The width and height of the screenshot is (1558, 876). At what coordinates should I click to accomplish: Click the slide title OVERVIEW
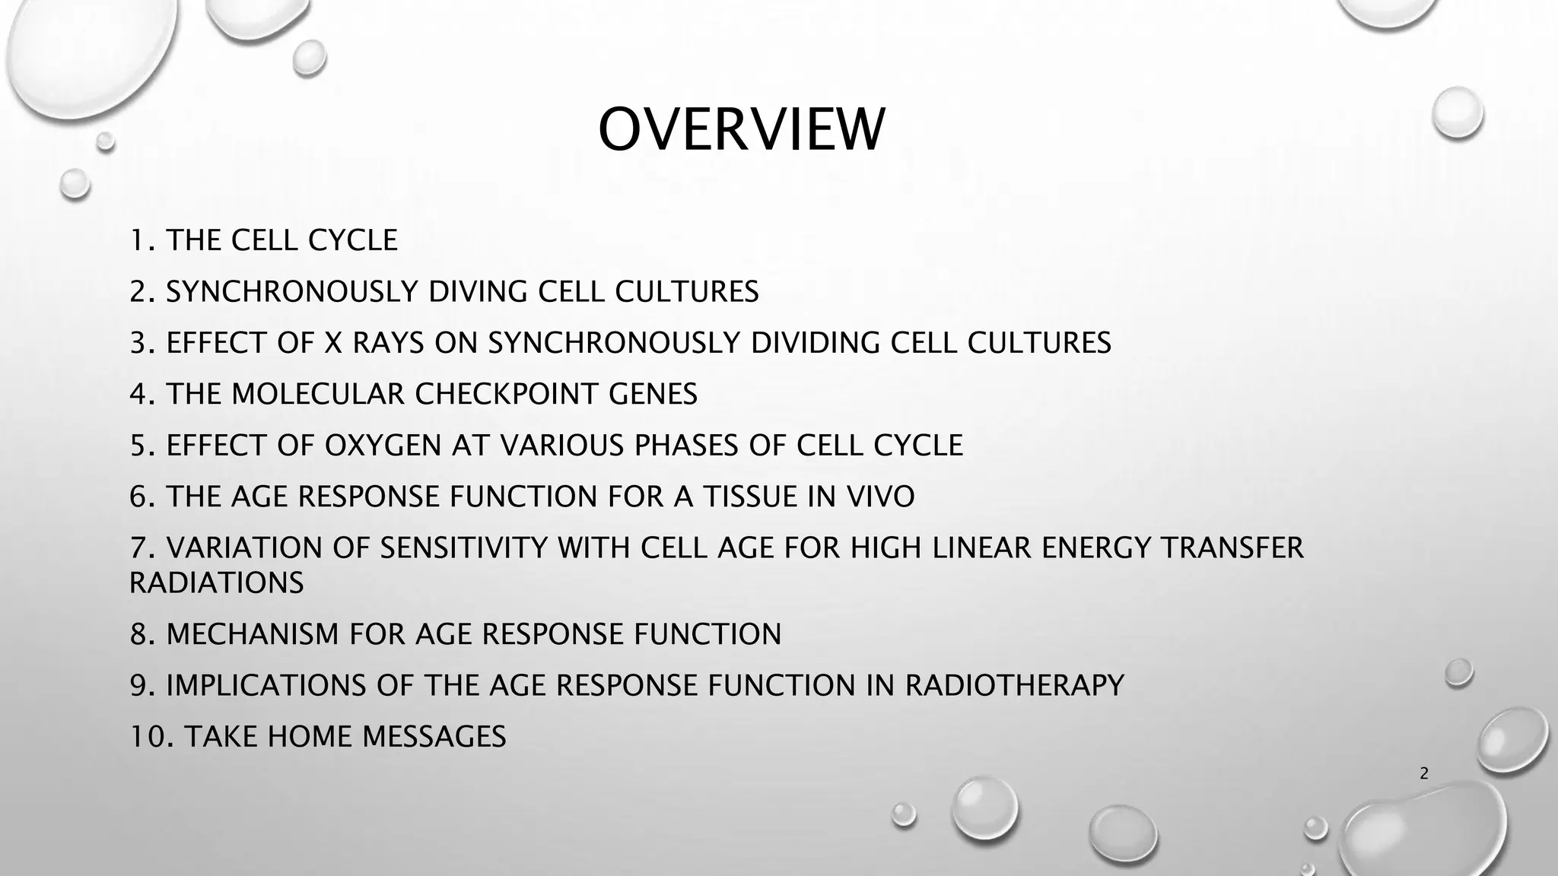[x=741, y=130]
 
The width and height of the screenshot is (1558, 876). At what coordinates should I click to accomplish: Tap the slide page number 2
[x=1424, y=773]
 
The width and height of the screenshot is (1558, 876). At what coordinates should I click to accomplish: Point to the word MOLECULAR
[x=317, y=394]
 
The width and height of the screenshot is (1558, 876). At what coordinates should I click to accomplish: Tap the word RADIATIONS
[x=216, y=583]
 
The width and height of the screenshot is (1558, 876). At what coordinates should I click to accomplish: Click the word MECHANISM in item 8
[x=253, y=634]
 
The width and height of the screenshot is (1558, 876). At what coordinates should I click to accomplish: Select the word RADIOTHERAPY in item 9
[x=1014, y=685]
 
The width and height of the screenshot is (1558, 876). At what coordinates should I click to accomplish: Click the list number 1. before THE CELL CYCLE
[x=142, y=240]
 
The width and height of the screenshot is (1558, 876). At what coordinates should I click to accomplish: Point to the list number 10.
[x=151, y=737]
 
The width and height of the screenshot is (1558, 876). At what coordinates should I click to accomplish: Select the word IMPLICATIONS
[x=265, y=685]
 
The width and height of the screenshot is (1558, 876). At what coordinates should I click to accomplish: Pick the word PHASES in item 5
[x=685, y=446]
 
